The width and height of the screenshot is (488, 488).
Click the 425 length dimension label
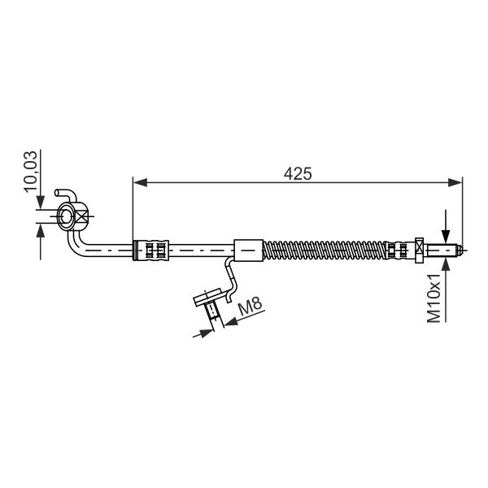298,174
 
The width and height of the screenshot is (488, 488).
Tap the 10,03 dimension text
31,172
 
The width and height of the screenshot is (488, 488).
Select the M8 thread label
251,306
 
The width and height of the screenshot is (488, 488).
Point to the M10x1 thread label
434,298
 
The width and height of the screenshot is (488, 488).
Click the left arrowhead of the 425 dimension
140,183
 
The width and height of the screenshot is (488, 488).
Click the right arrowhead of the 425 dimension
455,183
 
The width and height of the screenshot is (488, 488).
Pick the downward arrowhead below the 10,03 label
41,203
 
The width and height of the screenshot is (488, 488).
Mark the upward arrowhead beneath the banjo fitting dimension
41,231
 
